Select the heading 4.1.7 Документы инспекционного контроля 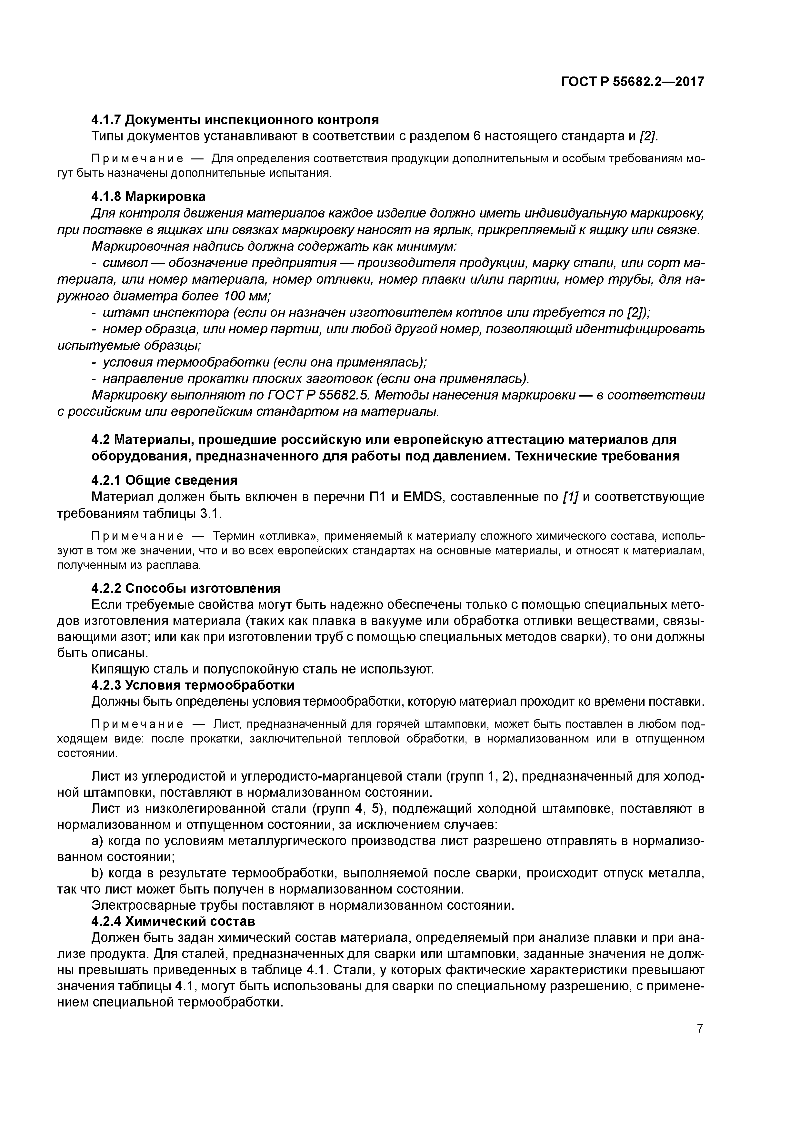(235, 120)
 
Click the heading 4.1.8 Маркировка (148, 197)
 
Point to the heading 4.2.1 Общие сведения (165, 480)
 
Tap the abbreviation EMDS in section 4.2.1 (424, 497)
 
